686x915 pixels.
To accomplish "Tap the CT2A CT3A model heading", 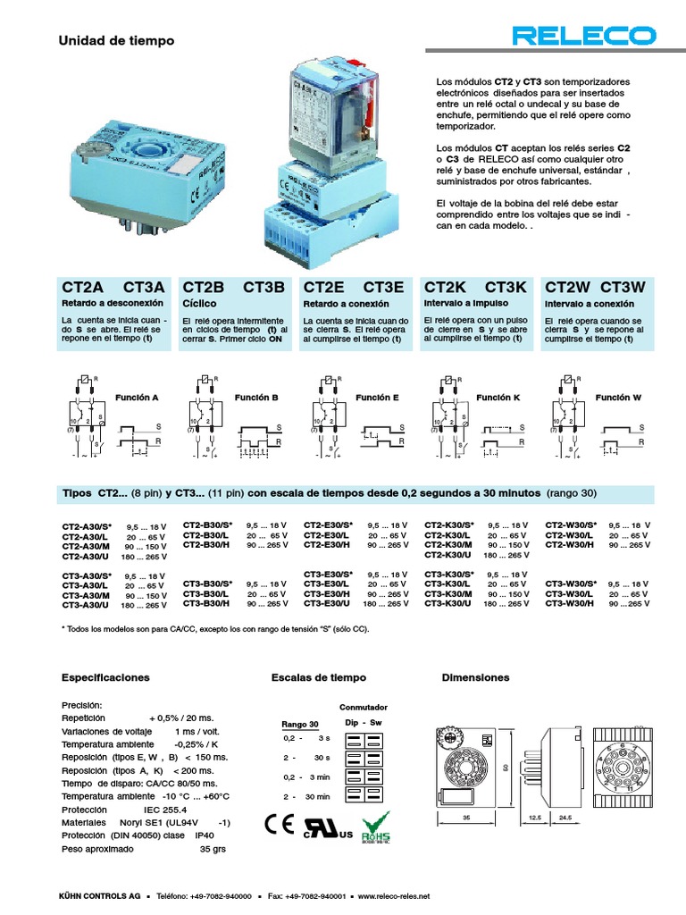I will click(x=113, y=287).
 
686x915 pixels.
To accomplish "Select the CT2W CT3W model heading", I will click(x=595, y=287).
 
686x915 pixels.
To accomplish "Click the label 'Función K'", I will click(x=498, y=397).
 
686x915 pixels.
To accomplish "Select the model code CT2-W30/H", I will click(x=569, y=544).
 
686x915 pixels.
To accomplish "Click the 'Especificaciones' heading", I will click(x=105, y=677).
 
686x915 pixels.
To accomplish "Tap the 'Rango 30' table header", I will click(x=299, y=724).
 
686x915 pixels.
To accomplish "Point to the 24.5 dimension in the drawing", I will click(x=565, y=817).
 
